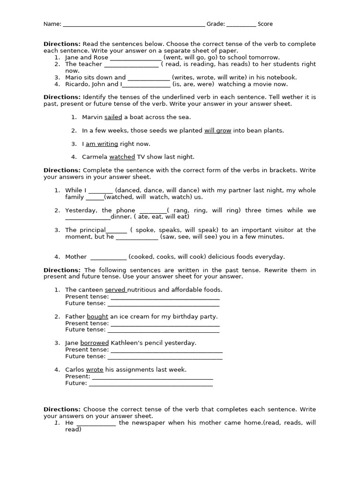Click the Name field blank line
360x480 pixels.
coord(134,24)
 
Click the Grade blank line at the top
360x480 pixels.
coord(241,24)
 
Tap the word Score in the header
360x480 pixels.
coord(265,24)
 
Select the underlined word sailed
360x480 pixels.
coord(113,117)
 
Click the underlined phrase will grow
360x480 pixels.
coord(217,131)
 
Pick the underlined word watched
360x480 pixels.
coord(122,157)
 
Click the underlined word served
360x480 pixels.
coord(115,290)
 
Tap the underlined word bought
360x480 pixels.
coord(97,316)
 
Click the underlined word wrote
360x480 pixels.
coord(94,369)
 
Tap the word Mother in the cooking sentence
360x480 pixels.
coord(76,256)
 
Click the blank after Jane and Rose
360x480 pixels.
coord(135,58)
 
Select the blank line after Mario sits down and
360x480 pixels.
coord(149,78)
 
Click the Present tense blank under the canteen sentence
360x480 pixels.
coord(165,297)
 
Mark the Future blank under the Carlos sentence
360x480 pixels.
coord(150,383)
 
